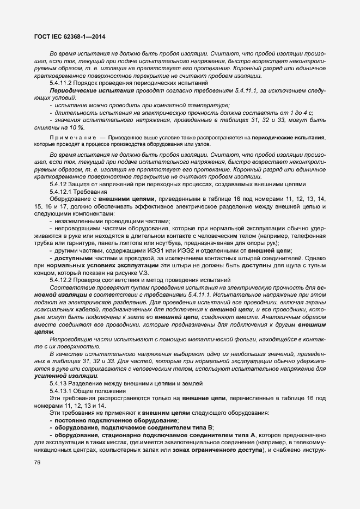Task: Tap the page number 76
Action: click(38, 462)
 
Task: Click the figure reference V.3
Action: click(155, 272)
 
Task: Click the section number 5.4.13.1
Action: click(63, 391)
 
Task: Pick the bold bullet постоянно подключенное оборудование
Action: click(117, 421)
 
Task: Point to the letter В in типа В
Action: click(211, 429)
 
